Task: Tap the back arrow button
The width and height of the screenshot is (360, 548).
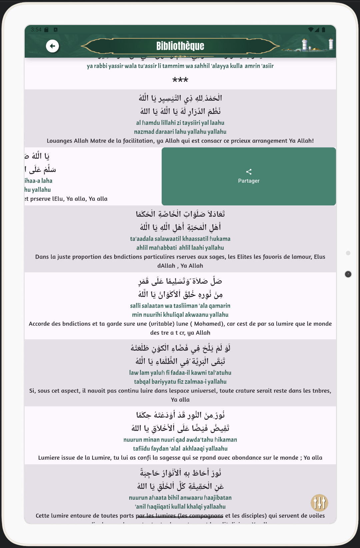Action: click(x=52, y=46)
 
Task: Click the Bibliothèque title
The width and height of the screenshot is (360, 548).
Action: click(x=180, y=46)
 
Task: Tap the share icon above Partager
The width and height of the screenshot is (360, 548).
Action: click(x=249, y=172)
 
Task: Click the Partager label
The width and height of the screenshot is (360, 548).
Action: click(x=249, y=181)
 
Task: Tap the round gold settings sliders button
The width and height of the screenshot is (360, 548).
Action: click(x=319, y=503)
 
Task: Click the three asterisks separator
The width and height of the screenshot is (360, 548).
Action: click(x=180, y=80)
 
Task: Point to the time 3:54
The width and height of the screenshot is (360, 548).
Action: click(x=36, y=30)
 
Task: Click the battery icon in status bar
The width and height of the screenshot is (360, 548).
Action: click(x=323, y=30)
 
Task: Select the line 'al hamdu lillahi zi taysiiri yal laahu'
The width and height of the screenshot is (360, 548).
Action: click(x=180, y=123)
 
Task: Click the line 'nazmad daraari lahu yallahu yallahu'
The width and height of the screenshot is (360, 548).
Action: click(x=180, y=132)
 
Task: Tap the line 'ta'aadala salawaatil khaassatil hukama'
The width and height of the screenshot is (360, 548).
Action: click(x=180, y=239)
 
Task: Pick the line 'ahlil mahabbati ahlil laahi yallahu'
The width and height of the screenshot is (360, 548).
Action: click(x=180, y=248)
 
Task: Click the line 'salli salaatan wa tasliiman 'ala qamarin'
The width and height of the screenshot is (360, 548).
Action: click(x=180, y=306)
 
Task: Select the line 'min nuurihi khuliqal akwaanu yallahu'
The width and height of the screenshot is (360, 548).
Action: click(x=180, y=315)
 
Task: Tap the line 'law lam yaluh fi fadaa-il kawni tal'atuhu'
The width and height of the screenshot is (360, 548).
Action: click(x=180, y=373)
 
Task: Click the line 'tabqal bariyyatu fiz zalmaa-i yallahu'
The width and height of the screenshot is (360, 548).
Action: click(x=180, y=382)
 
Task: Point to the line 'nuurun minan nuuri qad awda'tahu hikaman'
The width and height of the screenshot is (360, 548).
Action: click(x=180, y=440)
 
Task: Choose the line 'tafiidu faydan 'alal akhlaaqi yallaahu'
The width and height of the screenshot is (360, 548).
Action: click(x=180, y=449)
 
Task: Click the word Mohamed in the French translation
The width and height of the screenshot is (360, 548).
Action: click(x=208, y=324)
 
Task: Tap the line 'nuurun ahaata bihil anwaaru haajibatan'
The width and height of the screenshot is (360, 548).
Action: click(x=180, y=498)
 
